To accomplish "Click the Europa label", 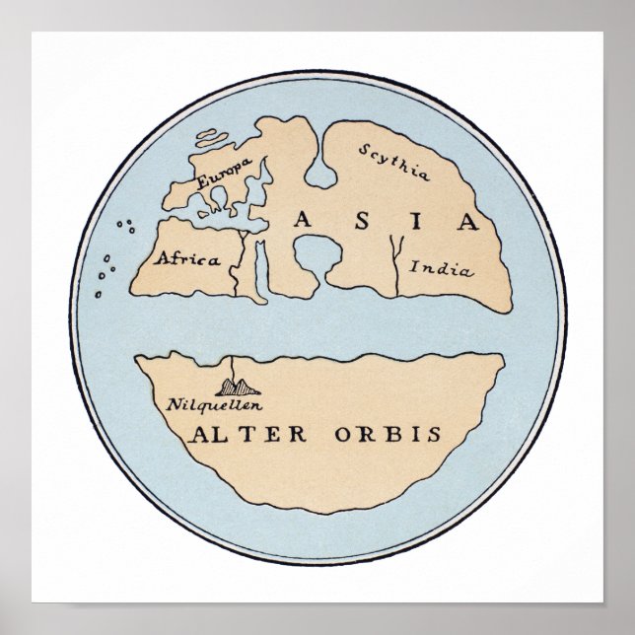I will point(224,174).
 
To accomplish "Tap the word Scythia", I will point(394,163).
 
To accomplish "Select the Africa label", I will point(182,259).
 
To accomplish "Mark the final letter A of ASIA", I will point(466,221).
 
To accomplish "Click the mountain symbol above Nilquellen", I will point(235,386).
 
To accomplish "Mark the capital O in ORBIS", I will point(340,435).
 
